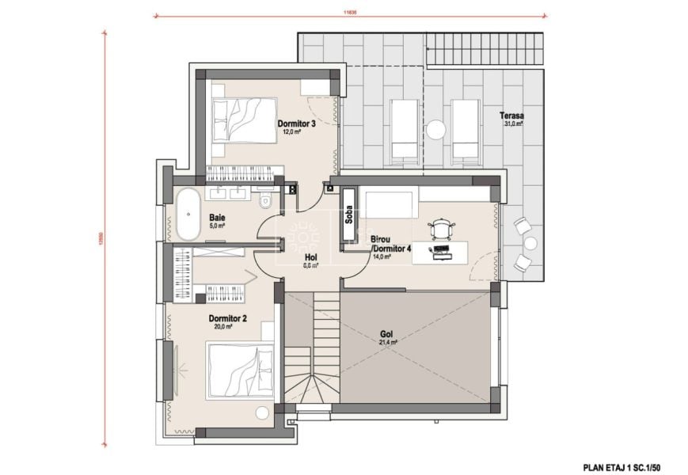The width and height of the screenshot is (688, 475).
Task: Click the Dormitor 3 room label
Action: (297, 124)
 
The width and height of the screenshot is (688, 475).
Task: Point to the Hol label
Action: (310, 258)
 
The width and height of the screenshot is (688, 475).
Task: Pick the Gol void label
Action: (387, 335)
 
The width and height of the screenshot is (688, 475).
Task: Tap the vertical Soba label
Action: (348, 215)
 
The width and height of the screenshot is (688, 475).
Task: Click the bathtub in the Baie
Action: (188, 215)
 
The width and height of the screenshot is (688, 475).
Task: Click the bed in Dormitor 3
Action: (244, 120)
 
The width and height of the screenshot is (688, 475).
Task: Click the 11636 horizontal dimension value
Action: (350, 12)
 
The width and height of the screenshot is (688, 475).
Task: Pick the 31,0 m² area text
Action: (512, 123)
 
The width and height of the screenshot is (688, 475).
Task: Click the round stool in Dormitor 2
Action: (262, 413)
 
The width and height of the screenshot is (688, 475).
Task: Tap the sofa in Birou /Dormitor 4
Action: (390, 203)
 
